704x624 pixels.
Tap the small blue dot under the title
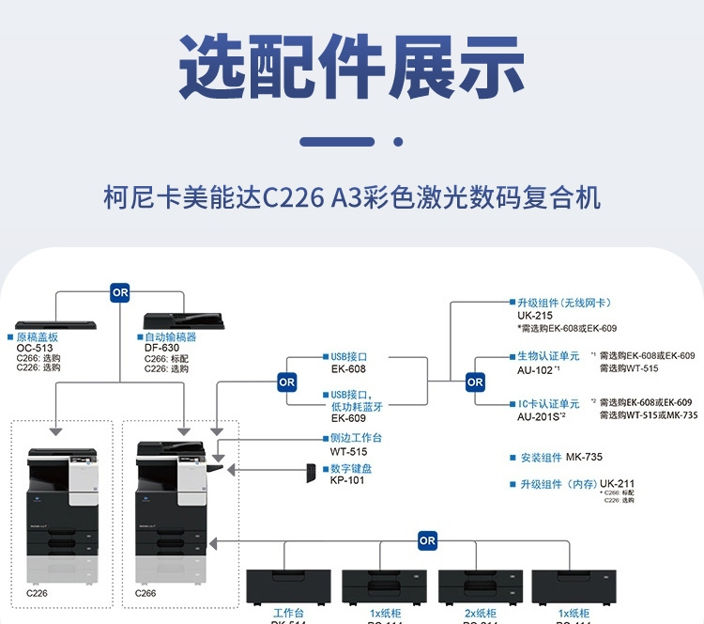pos(398,142)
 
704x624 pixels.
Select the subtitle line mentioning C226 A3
pos(351,199)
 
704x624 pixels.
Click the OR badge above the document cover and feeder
pos(120,292)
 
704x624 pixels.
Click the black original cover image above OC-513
pos(57,322)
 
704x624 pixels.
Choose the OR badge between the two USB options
pos(287,382)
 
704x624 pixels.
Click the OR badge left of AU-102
pos(475,382)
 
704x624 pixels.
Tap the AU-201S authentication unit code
pos(543,415)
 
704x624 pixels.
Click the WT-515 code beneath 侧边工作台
pos(347,451)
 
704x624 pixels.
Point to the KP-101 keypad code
pos(346,479)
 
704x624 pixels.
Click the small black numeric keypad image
pos(310,474)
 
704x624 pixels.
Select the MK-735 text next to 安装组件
pos(584,458)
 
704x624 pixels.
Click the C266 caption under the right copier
pos(145,594)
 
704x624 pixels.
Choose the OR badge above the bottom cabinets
pos(427,540)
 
